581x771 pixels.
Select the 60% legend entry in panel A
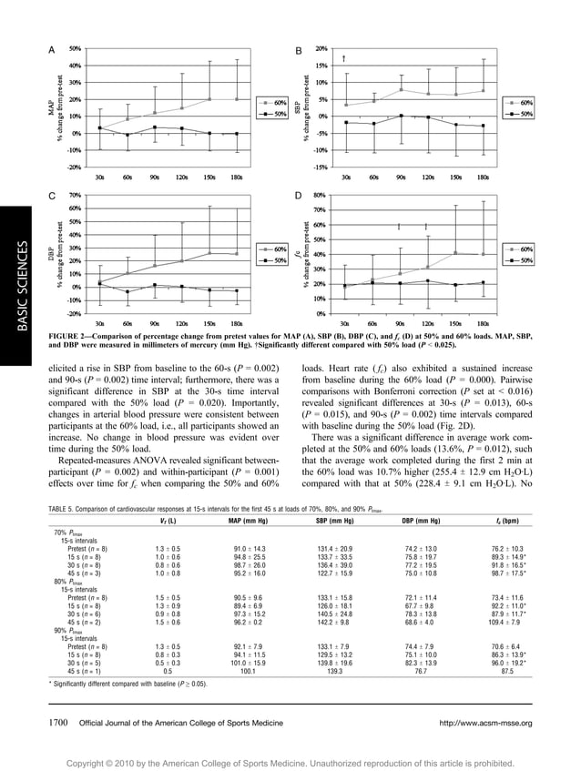tap(272, 103)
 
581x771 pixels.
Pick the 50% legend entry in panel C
tap(273, 260)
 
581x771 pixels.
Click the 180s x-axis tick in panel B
tap(483, 177)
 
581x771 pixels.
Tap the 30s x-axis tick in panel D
tap(345, 322)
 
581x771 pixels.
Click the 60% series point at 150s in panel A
tap(209, 99)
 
